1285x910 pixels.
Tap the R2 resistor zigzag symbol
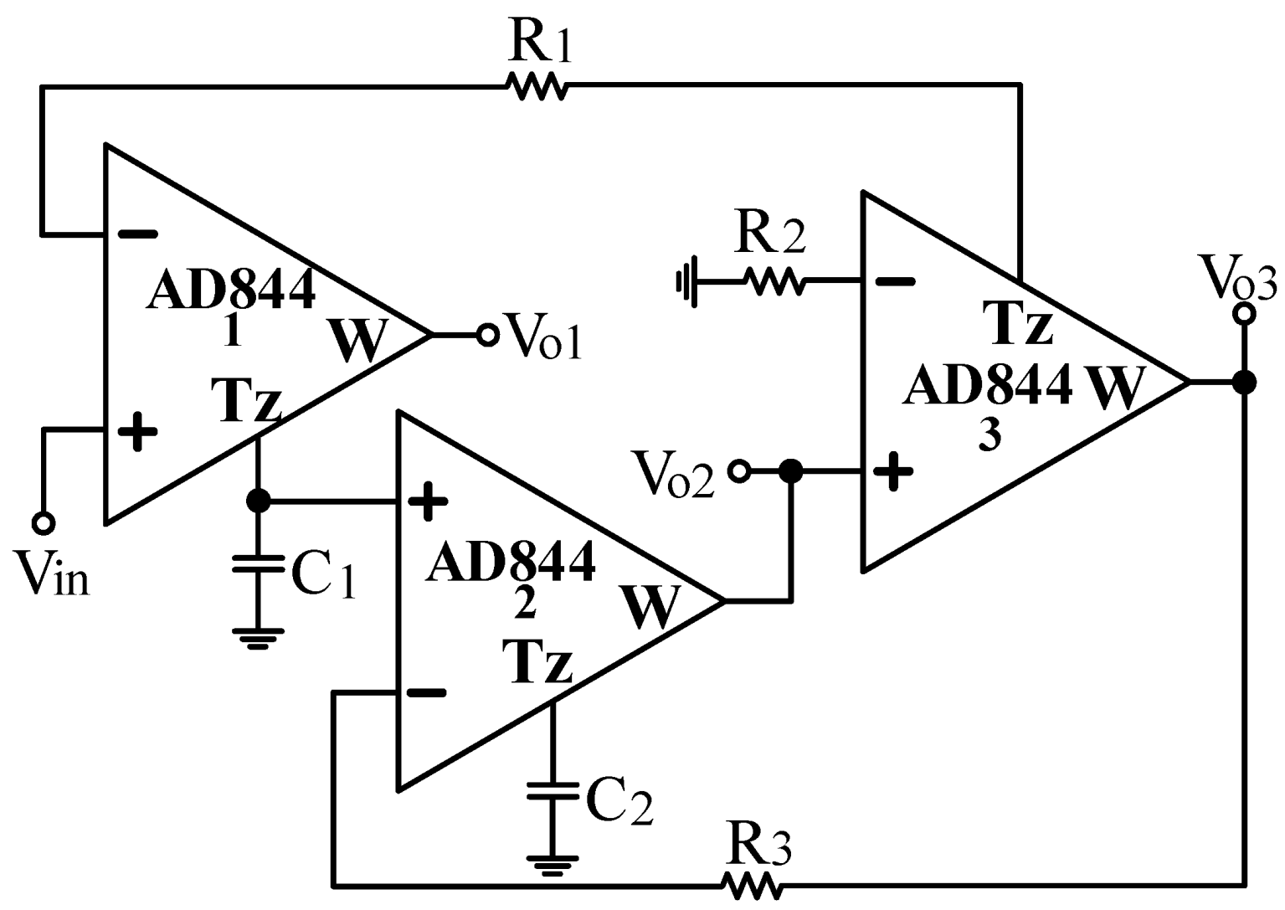coord(775,281)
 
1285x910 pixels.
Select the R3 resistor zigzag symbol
coord(751,884)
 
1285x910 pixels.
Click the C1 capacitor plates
coord(259,562)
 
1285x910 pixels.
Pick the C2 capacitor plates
coord(552,791)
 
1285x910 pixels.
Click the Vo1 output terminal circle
coord(487,335)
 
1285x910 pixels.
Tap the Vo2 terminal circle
coord(738,471)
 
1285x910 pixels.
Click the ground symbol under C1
coord(259,638)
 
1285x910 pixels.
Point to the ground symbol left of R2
coord(686,282)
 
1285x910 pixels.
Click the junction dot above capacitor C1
coord(259,501)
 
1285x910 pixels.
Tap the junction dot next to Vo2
coord(789,471)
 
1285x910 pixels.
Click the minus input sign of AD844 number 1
coord(137,234)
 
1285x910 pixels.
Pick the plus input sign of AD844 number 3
coord(893,471)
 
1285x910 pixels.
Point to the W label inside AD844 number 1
coord(358,339)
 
